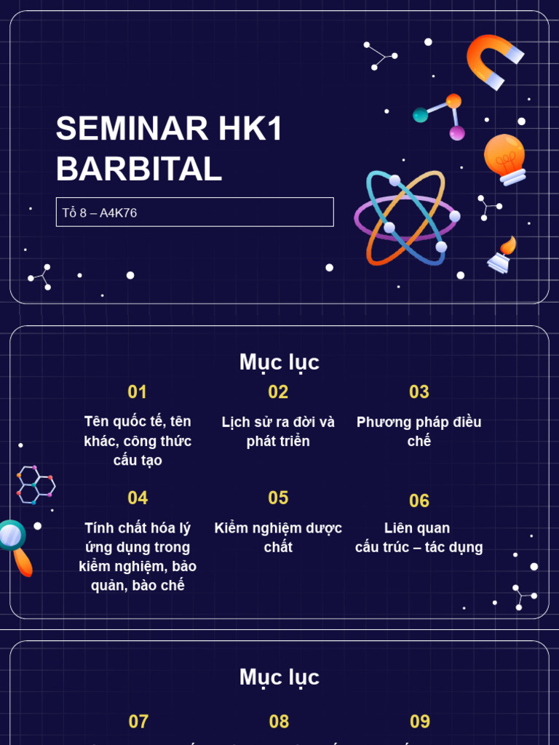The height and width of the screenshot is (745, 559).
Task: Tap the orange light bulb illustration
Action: coord(505,159)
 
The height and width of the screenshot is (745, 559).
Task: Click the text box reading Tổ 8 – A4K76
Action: coord(194,212)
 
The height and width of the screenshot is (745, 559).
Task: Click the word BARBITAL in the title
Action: coord(139,169)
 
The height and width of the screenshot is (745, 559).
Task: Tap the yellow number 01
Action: coord(137,392)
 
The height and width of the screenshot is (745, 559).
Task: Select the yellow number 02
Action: coord(278,392)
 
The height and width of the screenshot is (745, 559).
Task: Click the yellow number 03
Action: coord(419,392)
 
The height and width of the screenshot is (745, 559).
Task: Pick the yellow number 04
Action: coord(138,498)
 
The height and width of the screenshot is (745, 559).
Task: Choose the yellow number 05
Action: coord(278,498)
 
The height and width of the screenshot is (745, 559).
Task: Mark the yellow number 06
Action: coord(419,501)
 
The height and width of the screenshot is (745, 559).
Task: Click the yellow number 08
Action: coord(279,722)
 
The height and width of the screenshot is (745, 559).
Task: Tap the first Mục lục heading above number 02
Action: coord(279,362)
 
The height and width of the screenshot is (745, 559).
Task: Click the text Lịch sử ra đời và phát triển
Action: coord(278,431)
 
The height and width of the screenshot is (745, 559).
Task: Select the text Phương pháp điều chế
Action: coord(419,431)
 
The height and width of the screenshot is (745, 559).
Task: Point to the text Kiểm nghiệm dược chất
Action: coord(278,537)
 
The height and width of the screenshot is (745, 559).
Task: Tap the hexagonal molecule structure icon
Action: coord(35,484)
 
